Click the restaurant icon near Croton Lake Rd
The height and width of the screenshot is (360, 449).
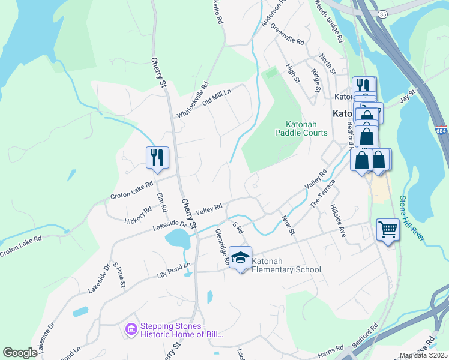click(157, 158)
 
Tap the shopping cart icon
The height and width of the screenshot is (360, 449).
click(387, 229)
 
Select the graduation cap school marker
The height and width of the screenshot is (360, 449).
click(240, 257)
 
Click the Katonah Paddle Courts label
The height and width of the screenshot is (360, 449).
click(301, 128)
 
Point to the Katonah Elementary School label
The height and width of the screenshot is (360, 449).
click(287, 266)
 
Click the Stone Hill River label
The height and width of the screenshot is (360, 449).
click(413, 219)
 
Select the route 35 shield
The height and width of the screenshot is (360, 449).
click(382, 13)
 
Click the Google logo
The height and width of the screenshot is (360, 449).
click(20, 353)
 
